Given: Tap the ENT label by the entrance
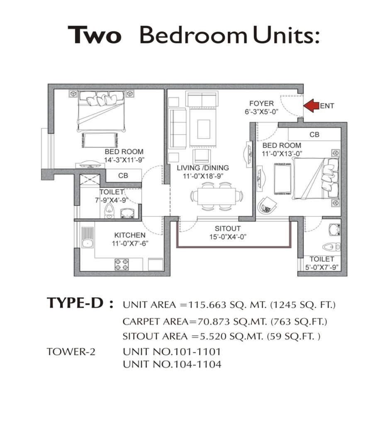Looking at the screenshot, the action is pos(327,106).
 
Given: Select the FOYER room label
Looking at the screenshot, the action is pos(261,103).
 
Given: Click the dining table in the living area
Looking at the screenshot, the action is pos(217,196).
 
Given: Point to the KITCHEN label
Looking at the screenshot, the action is pos(130,235).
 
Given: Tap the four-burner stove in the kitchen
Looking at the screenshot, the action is pos(122,265).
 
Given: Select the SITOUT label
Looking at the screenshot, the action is pos(228,229).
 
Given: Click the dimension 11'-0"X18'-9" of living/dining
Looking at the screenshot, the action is pos(203,176).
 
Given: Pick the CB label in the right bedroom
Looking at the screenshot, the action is pos(314,135).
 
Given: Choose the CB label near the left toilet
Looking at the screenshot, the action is pos(123,176).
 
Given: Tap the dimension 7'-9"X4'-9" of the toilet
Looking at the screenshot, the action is pos(111,200).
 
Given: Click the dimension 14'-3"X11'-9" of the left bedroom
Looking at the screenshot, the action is pos(124,160).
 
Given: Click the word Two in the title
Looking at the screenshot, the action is pos(94,35).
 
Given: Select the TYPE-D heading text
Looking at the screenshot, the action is pos(76,303).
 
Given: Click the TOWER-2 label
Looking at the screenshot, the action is pos(71,352).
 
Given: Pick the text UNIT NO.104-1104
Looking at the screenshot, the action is pos(172,364).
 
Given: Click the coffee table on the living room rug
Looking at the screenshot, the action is pos(204,129).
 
